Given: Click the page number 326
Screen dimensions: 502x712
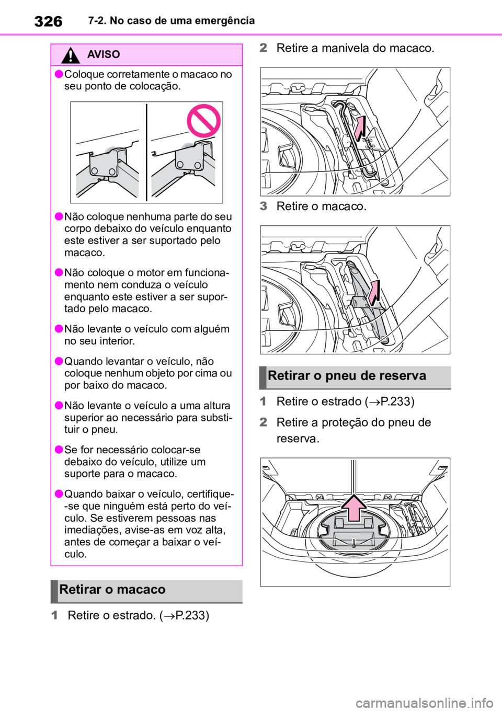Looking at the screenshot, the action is pyautogui.click(x=48, y=22).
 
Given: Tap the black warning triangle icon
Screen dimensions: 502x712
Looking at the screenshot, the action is pyautogui.click(x=70, y=55).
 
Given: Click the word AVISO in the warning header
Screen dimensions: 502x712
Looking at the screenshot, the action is pyautogui.click(x=104, y=54).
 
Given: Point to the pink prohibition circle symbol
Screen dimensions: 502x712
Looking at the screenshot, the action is pyautogui.click(x=203, y=121).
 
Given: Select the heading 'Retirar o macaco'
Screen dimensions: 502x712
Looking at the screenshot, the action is pyautogui.click(x=112, y=590).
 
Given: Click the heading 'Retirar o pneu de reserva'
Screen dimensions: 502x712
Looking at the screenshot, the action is pyautogui.click(x=347, y=376).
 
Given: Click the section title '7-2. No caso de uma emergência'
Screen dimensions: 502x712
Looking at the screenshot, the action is pyautogui.click(x=172, y=21).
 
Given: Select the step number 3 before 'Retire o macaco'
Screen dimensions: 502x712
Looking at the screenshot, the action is pyautogui.click(x=263, y=206).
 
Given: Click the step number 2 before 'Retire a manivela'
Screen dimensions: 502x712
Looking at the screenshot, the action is pyautogui.click(x=263, y=48).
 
